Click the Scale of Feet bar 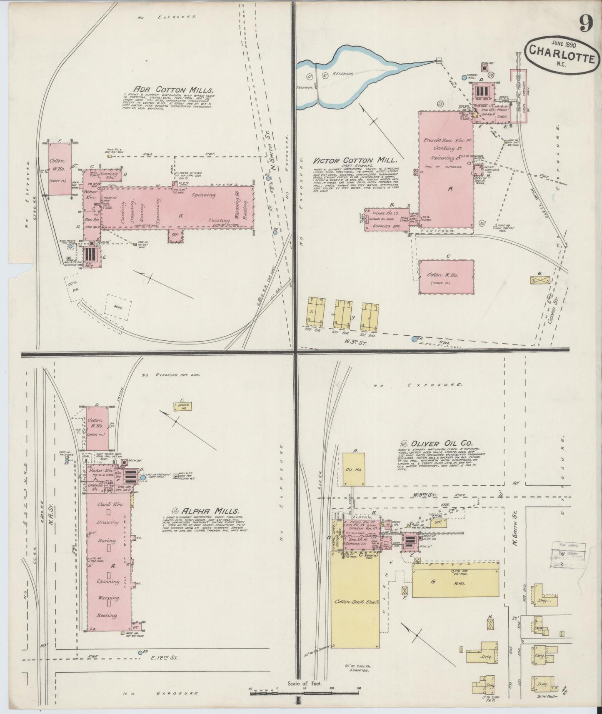(304, 694)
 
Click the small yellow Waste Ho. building (181, 406)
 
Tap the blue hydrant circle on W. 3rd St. (414, 339)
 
